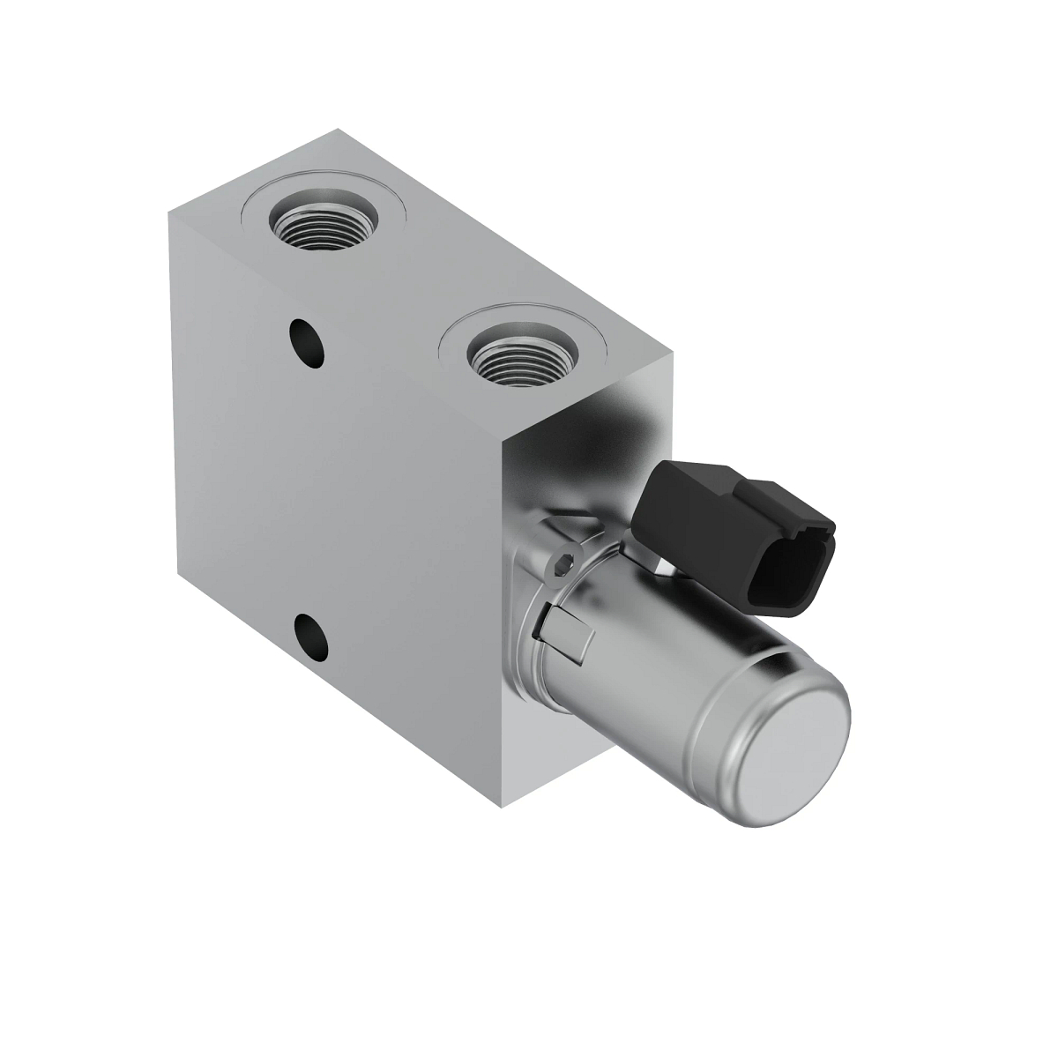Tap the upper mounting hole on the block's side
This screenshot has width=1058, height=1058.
[306, 339]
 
